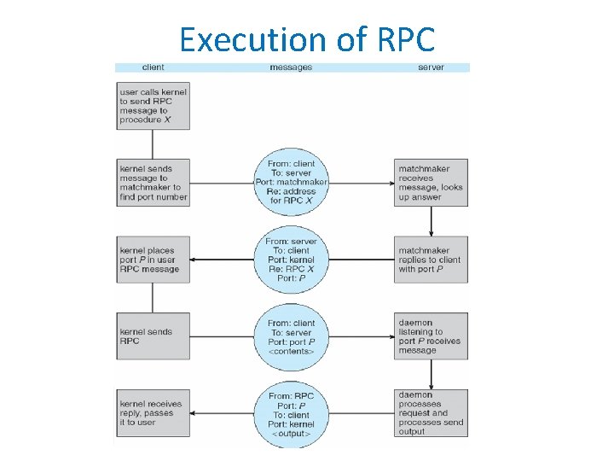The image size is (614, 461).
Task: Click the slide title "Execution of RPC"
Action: click(x=307, y=39)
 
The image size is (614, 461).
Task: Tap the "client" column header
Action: click(x=153, y=67)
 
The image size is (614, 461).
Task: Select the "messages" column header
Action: click(x=291, y=67)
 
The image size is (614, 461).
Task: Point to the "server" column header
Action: click(x=431, y=67)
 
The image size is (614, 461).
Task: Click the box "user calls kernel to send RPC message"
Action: click(x=153, y=105)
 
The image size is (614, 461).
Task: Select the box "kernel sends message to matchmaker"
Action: click(x=153, y=183)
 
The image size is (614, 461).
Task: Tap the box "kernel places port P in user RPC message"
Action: click(x=153, y=260)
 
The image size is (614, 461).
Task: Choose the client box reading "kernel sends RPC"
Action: click(x=153, y=336)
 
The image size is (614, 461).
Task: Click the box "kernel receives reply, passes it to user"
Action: click(x=153, y=413)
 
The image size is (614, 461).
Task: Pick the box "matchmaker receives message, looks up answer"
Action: click(x=431, y=183)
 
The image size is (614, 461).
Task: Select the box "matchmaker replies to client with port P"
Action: click(x=431, y=260)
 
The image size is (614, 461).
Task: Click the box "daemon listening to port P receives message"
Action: click(x=431, y=336)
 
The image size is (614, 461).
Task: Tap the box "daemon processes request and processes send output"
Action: click(x=431, y=413)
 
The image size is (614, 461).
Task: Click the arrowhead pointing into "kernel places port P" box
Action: click(x=194, y=260)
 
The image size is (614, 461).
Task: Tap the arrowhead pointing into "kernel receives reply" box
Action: click(x=194, y=413)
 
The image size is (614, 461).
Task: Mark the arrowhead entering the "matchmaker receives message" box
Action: click(x=390, y=183)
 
